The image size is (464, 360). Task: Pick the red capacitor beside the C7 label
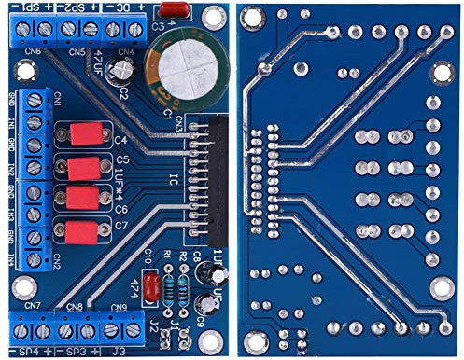click(x=83, y=229)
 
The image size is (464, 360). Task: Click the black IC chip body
click(x=216, y=177)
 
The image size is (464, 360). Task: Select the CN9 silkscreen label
click(x=119, y=307)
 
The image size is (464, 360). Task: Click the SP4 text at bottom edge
click(x=27, y=351)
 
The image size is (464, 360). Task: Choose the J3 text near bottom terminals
click(x=118, y=351)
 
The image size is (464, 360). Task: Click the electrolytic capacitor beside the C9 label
click(x=203, y=305)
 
